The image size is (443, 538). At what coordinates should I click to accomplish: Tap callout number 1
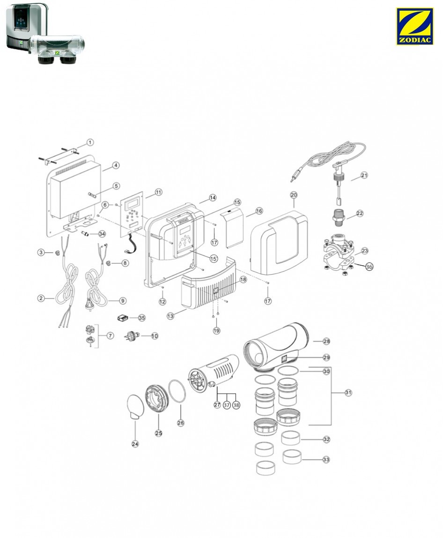pyautogui.click(x=90, y=142)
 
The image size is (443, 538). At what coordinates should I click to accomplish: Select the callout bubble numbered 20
pyautogui.click(x=294, y=194)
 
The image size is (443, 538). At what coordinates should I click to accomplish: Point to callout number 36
pyautogui.click(x=369, y=266)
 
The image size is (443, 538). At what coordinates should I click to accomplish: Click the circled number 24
pyautogui.click(x=135, y=444)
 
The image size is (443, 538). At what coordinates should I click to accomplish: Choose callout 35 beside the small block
pyautogui.click(x=141, y=317)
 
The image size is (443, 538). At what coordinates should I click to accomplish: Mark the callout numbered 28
pyautogui.click(x=327, y=341)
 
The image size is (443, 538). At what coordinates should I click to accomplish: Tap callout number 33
pyautogui.click(x=326, y=460)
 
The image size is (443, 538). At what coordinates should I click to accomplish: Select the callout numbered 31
pyautogui.click(x=348, y=393)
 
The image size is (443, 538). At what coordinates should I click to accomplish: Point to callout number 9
pyautogui.click(x=123, y=301)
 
